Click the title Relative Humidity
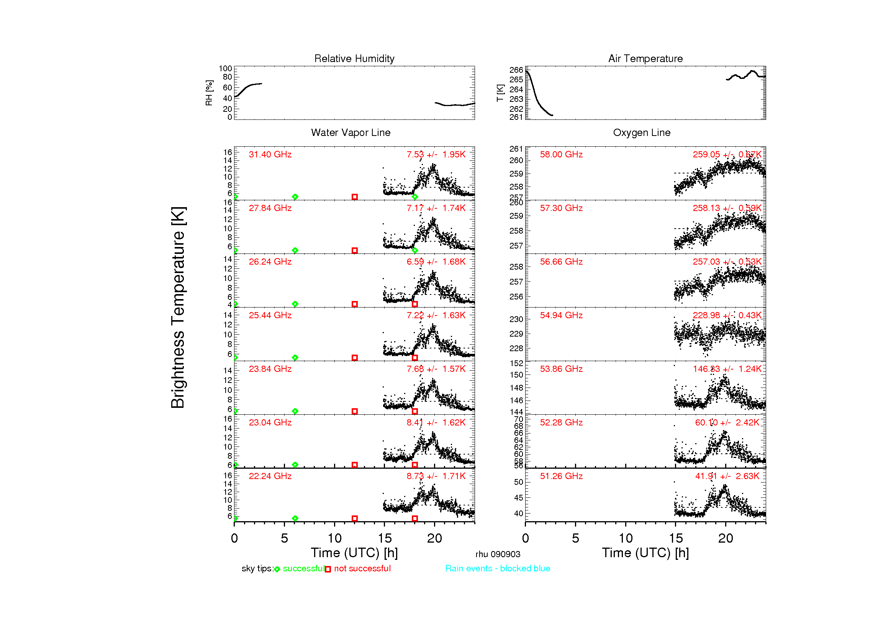tap(354, 59)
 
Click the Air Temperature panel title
tap(645, 59)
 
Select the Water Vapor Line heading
tap(351, 132)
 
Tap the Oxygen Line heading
tap(642, 132)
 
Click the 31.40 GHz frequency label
tap(270, 154)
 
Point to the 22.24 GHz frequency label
tap(270, 476)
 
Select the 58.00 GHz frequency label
tap(561, 154)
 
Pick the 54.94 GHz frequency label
tap(561, 315)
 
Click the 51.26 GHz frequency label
tap(561, 476)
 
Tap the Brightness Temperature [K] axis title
tap(178, 308)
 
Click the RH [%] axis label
tap(209, 93)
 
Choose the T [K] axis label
tap(500, 93)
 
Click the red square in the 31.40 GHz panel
tap(355, 197)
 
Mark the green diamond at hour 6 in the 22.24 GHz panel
tap(295, 519)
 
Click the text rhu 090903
tap(498, 554)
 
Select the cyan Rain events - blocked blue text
tap(498, 569)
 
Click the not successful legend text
tap(362, 569)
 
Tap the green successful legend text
tap(303, 569)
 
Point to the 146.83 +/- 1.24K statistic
tap(727, 369)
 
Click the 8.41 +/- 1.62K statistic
tap(436, 422)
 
